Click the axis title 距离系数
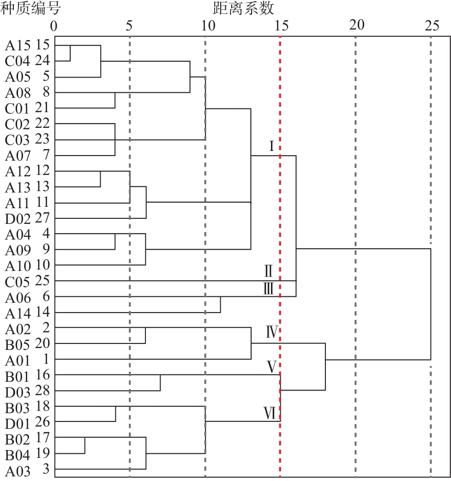pyautogui.click(x=243, y=8)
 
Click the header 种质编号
pyautogui.click(x=30, y=8)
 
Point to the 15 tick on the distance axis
pyautogui.click(x=281, y=26)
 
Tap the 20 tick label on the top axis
pyautogui.click(x=356, y=25)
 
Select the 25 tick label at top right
pyautogui.click(x=432, y=26)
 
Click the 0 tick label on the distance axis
pyautogui.click(x=54, y=26)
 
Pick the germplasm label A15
pyautogui.click(x=18, y=46)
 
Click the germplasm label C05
pyautogui.click(x=18, y=282)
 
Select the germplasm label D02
pyautogui.click(x=18, y=219)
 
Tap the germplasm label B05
pyautogui.click(x=18, y=345)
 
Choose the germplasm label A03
pyautogui.click(x=18, y=471)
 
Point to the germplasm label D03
pyautogui.click(x=18, y=392)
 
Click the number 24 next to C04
pyautogui.click(x=42, y=60)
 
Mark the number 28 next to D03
pyautogui.click(x=42, y=391)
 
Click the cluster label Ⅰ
pyautogui.click(x=271, y=146)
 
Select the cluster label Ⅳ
pyautogui.click(x=271, y=332)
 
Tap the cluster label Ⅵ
pyautogui.click(x=270, y=413)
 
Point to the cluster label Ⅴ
pyautogui.click(x=272, y=367)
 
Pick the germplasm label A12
pyautogui.click(x=18, y=172)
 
